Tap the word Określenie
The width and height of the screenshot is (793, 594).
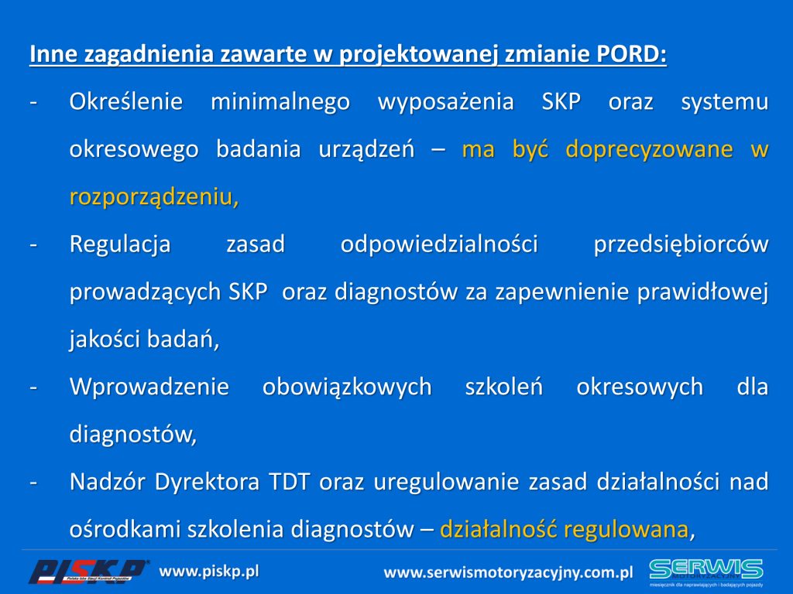tap(126, 101)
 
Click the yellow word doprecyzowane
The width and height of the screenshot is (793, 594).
tap(649, 150)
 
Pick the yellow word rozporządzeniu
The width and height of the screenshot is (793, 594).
tap(154, 197)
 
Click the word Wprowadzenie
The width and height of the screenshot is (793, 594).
tap(149, 387)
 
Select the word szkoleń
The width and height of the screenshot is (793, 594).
tap(503, 387)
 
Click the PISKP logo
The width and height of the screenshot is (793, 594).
tap(88, 572)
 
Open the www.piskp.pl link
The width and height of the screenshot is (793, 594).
tap(209, 572)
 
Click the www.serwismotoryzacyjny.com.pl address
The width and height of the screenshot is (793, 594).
tap(508, 573)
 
